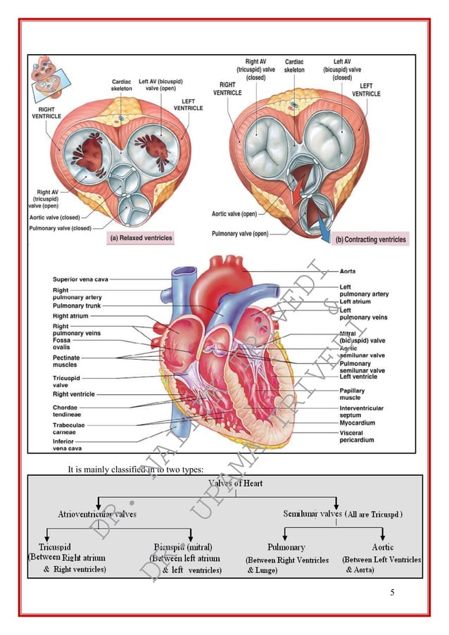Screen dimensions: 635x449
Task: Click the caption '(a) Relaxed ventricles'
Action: pos(141,238)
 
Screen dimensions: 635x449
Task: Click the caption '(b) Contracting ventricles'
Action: pos(371,239)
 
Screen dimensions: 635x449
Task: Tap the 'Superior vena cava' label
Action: pos(80,279)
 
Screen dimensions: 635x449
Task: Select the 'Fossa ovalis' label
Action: pos(65,344)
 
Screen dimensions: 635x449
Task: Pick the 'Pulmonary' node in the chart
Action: pos(286,547)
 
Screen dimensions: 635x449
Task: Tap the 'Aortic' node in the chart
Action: pos(382,547)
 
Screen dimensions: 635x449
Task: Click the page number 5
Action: pos(393,592)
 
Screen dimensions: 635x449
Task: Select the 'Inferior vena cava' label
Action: pos(68,445)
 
